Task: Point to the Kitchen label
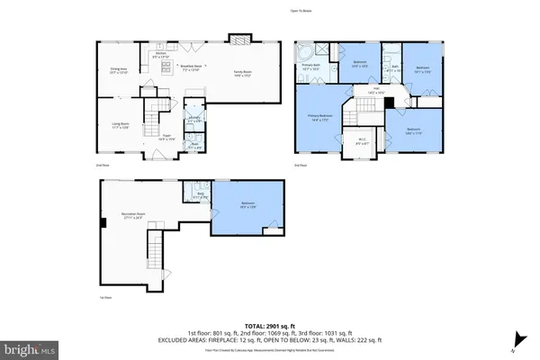pyautogui.click(x=162, y=55)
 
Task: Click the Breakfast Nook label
pyautogui.click(x=190, y=67)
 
